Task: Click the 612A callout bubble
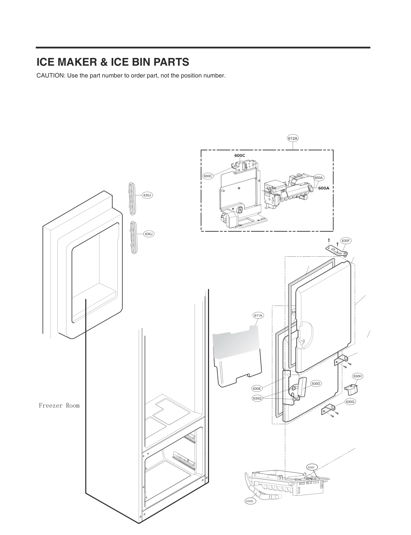293,138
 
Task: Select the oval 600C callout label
208,176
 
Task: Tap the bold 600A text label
324,188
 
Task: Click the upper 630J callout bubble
148,195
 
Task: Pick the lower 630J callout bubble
149,234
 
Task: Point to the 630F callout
346,241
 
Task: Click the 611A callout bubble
258,315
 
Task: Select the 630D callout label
316,383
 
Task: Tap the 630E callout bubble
257,388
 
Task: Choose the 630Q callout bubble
257,399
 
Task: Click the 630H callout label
357,376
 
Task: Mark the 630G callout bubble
350,402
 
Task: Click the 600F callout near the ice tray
311,467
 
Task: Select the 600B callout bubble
250,501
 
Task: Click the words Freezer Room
59,406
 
